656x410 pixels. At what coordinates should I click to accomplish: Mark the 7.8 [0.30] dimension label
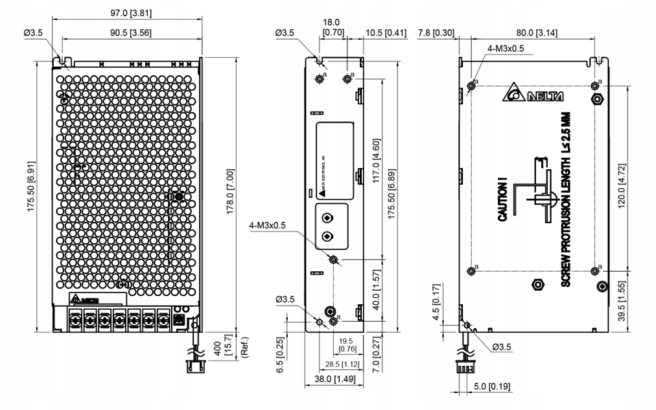click(x=436, y=33)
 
